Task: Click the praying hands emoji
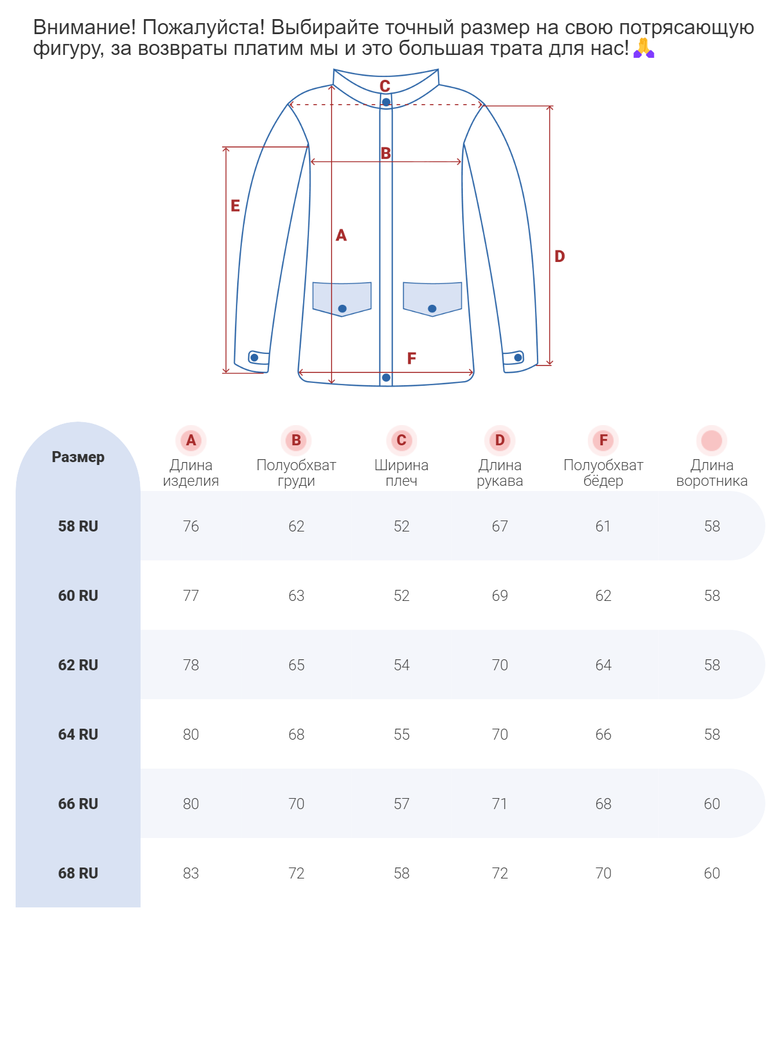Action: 643,48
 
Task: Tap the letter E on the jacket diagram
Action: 235,206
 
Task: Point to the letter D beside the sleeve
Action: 559,256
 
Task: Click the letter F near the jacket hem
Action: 411,359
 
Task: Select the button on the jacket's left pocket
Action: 342,309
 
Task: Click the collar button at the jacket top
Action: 386,102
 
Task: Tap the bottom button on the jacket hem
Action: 386,378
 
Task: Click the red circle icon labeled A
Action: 191,441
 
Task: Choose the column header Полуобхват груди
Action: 296,473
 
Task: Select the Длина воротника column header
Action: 712,473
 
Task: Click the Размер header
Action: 78,457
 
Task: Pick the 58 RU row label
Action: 78,526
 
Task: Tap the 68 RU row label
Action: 78,873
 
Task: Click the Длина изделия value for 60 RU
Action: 191,596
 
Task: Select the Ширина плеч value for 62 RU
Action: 401,665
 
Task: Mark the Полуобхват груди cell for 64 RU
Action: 296,734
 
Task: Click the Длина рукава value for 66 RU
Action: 500,804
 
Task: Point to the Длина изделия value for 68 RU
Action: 191,873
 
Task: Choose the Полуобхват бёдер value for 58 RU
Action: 603,526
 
